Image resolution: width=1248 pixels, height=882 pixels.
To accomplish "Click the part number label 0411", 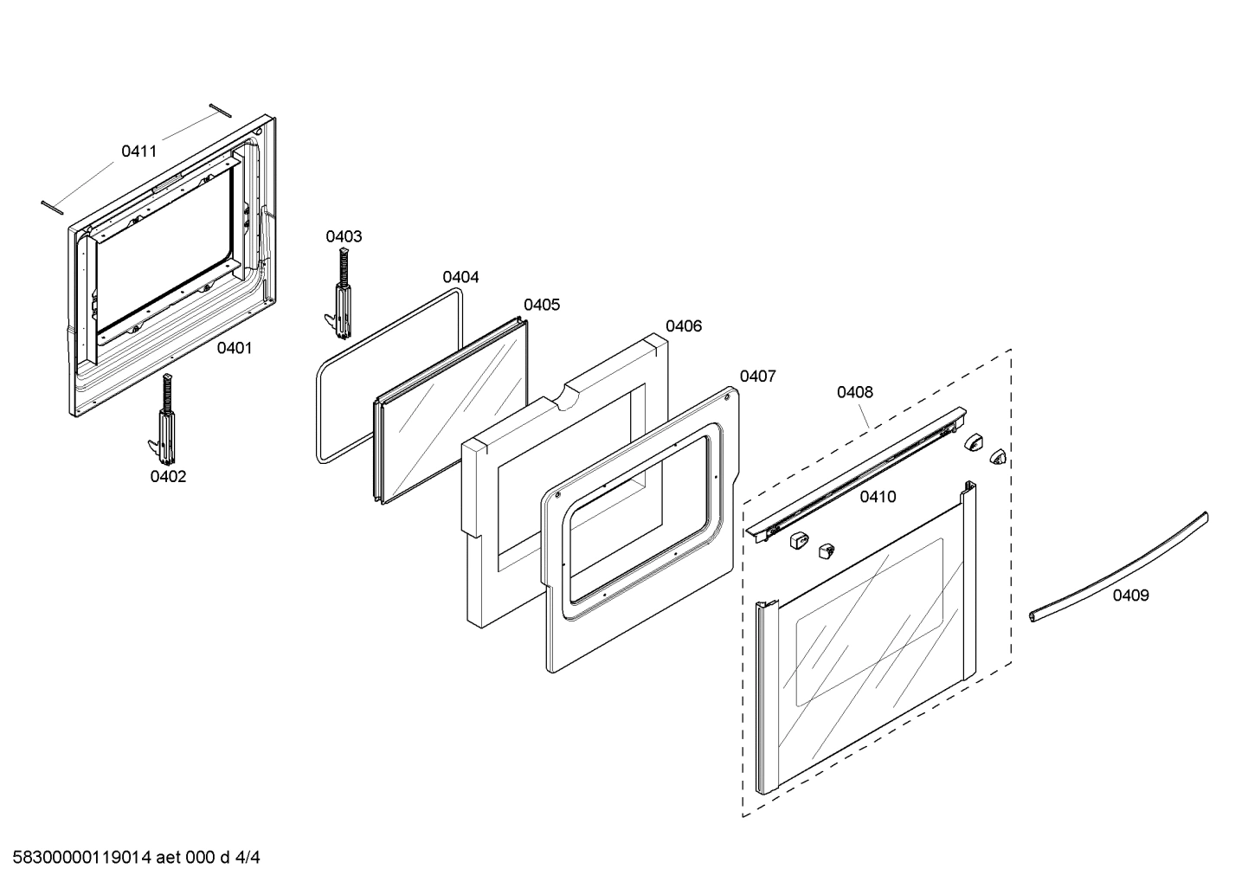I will [x=138, y=151].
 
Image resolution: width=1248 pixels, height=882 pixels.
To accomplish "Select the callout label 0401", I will [x=234, y=348].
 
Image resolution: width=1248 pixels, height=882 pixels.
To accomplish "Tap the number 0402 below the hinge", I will [x=168, y=476].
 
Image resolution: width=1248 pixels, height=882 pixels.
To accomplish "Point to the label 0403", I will [x=344, y=236].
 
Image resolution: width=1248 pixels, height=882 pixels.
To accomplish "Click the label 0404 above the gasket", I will [x=460, y=277].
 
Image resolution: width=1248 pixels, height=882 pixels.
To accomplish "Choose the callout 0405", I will [x=542, y=305].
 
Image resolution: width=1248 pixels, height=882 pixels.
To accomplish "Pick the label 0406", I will [x=684, y=326].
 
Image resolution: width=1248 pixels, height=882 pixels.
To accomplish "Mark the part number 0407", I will [x=757, y=376].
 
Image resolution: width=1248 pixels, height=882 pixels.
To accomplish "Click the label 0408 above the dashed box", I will [x=854, y=392].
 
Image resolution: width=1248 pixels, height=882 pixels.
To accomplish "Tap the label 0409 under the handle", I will [x=1130, y=595].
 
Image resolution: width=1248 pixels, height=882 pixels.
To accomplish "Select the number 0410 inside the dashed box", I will [x=878, y=497].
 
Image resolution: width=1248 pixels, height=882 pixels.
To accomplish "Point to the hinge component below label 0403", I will [x=342, y=294].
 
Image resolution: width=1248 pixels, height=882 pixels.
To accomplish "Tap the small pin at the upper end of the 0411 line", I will [x=220, y=109].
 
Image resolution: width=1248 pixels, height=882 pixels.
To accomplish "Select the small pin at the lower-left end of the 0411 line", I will [x=52, y=204].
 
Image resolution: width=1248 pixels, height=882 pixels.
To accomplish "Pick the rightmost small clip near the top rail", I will [x=998, y=455].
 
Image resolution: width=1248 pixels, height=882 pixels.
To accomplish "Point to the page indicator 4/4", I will [x=248, y=858].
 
